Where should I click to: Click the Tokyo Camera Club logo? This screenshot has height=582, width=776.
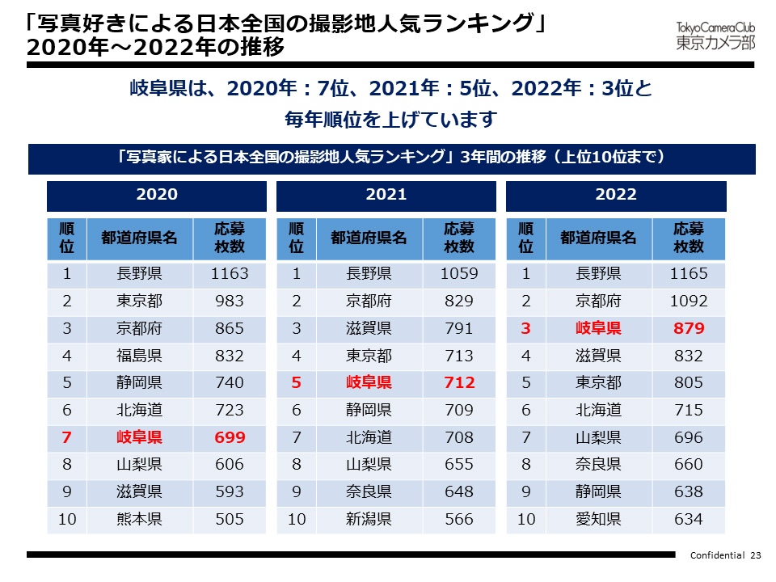click(715, 36)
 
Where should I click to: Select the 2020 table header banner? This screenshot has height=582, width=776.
click(157, 195)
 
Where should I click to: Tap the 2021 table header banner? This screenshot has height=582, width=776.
click(386, 195)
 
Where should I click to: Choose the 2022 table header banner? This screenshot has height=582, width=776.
click(616, 195)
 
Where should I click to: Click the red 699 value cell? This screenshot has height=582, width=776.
click(230, 437)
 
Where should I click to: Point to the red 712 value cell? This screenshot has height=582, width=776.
click(459, 382)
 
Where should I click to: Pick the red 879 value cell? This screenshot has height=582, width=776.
click(689, 328)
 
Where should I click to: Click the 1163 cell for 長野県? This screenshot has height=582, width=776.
click(230, 273)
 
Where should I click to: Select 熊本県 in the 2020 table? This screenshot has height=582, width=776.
click(139, 519)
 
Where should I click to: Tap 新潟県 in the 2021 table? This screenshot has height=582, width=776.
click(369, 519)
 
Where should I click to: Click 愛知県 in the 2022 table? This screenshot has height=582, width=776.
click(598, 519)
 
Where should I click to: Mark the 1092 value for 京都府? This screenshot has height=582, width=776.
click(689, 301)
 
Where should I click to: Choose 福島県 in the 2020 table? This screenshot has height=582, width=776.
click(139, 355)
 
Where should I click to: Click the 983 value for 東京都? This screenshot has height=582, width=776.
click(230, 301)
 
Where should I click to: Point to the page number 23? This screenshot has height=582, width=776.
click(757, 555)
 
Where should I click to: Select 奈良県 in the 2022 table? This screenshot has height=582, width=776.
click(598, 465)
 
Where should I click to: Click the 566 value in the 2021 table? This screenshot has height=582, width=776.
click(459, 519)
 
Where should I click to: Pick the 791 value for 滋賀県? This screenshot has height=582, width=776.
click(459, 328)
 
